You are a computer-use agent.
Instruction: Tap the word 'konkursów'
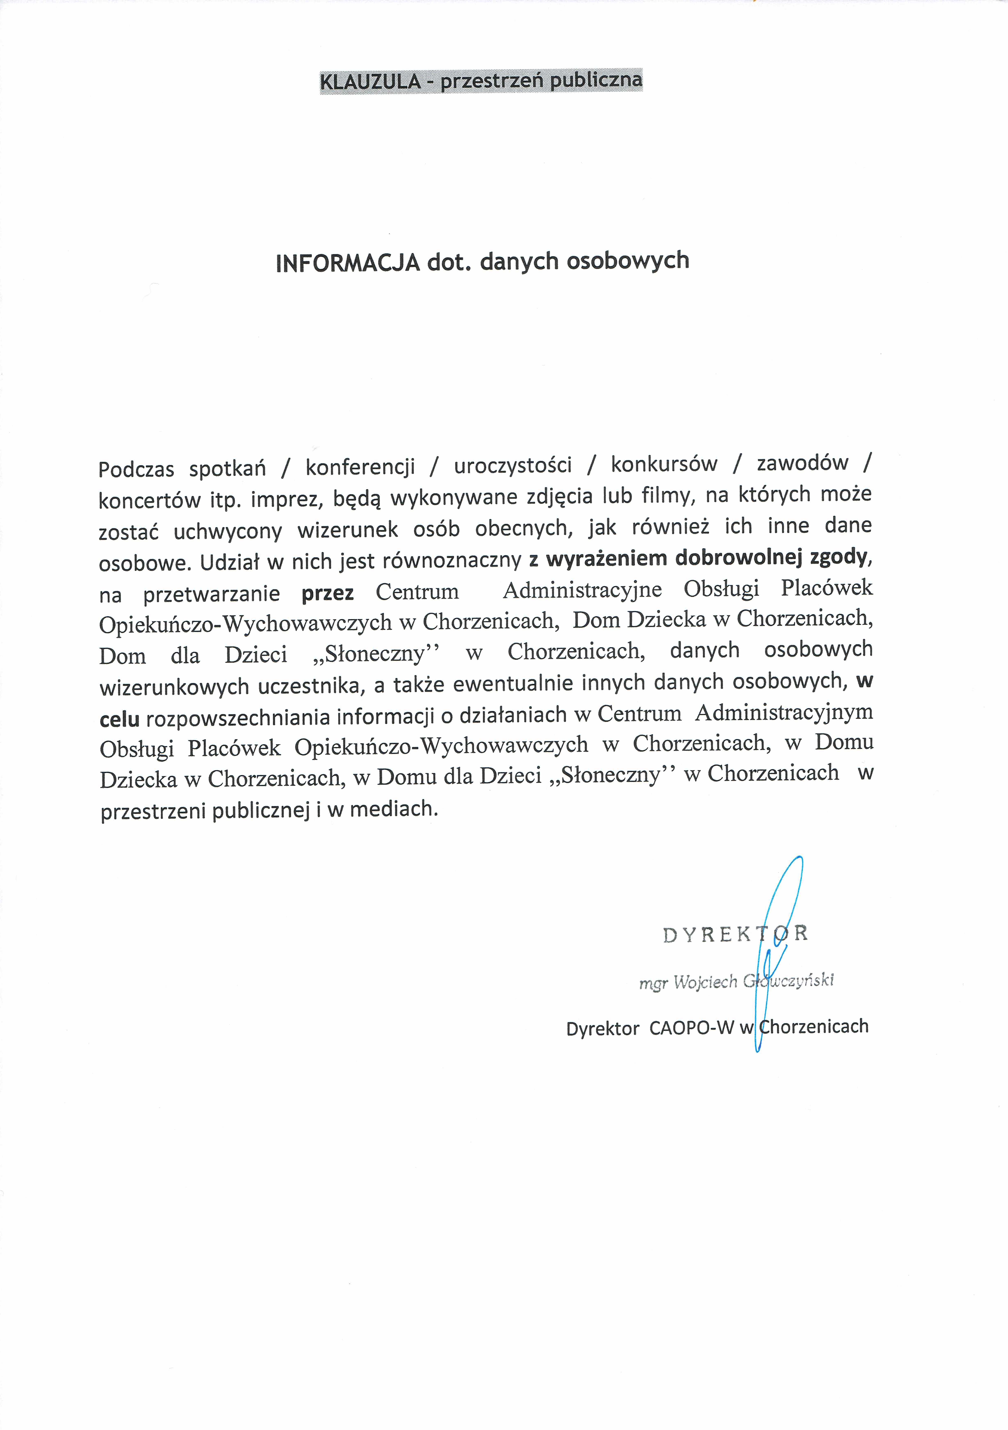[x=664, y=464]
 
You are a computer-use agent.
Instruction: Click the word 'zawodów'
[x=802, y=463]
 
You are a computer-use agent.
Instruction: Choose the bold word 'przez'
[x=328, y=593]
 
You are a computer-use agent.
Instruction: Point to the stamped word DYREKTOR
[x=735, y=934]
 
